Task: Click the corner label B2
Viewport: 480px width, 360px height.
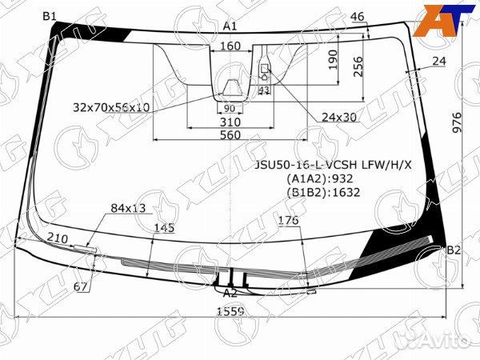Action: click(x=454, y=250)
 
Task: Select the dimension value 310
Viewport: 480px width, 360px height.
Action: click(x=230, y=122)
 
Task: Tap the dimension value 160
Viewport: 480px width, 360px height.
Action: click(x=230, y=46)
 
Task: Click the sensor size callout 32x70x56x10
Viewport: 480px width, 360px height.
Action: click(x=111, y=106)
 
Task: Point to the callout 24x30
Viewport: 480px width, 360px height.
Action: click(x=338, y=117)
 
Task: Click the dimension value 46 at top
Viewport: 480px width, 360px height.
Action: click(x=357, y=17)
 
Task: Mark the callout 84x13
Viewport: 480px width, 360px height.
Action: click(x=128, y=208)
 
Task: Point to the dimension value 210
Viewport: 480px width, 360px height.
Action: click(x=57, y=238)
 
